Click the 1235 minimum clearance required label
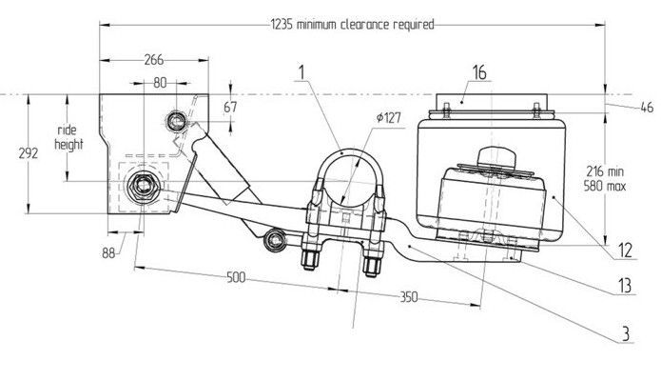click(352, 25)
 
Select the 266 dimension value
click(154, 60)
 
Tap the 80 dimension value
click(160, 83)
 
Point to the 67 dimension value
click(230, 108)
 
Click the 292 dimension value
click(29, 153)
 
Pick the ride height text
click(68, 137)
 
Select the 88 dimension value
click(108, 253)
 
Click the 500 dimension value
click(236, 277)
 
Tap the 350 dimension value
click(408, 297)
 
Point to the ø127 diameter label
click(389, 117)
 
